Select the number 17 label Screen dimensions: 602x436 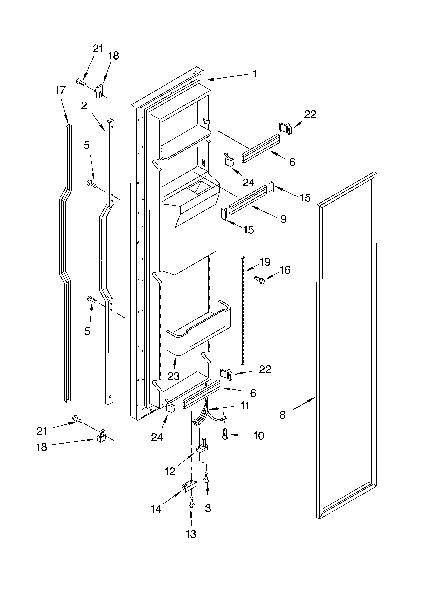(60, 91)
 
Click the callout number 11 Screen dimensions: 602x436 (245, 406)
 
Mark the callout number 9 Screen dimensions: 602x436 (284, 219)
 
